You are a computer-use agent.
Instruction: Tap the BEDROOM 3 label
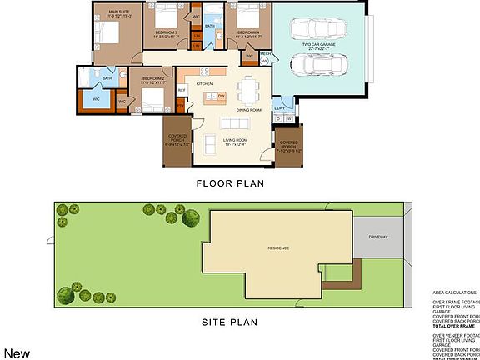click(166, 33)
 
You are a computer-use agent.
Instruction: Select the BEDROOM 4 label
click(247, 33)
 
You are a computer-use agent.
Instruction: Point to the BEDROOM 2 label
click(151, 81)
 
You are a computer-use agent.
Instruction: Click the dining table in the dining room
click(249, 88)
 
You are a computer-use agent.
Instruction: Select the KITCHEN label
click(204, 84)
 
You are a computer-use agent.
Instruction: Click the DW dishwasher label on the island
click(221, 97)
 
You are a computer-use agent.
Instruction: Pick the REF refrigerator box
click(181, 90)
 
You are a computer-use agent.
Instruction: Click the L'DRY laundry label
click(281, 108)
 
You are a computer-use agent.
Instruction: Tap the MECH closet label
click(265, 54)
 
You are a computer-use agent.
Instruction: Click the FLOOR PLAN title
click(229, 183)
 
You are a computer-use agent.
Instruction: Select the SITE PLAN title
click(231, 322)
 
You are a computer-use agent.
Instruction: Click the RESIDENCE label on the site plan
click(278, 248)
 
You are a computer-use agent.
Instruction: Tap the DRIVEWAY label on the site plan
click(379, 237)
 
